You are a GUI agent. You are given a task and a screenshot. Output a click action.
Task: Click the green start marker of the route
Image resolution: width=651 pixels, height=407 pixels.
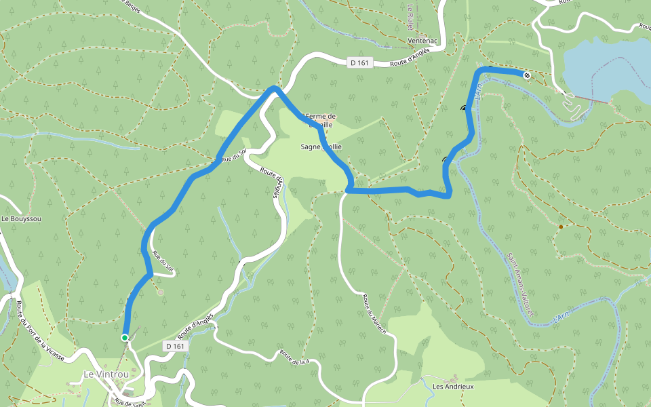[x=125, y=337]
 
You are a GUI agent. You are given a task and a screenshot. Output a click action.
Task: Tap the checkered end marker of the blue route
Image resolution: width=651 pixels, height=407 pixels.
[x=527, y=75]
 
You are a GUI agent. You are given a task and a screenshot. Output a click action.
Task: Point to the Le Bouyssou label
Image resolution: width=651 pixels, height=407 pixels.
[x=21, y=219]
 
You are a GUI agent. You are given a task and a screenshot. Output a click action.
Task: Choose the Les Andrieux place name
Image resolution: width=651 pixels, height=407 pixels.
[x=453, y=387]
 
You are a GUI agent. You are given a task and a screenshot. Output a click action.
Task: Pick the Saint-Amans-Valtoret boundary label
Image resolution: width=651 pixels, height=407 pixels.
[x=521, y=284]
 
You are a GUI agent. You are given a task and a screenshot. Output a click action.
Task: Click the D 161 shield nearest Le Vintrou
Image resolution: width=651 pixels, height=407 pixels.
[x=175, y=346]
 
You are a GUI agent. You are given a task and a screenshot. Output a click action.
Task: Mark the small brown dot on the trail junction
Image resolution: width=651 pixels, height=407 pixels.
[x=561, y=227]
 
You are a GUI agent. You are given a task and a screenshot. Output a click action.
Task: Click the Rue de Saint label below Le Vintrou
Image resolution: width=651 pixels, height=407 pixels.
[x=130, y=403]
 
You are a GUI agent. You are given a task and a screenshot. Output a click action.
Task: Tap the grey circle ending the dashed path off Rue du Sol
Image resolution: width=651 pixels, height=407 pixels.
[x=160, y=293]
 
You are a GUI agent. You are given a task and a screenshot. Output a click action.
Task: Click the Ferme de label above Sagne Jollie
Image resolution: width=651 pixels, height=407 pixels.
[x=321, y=116]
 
